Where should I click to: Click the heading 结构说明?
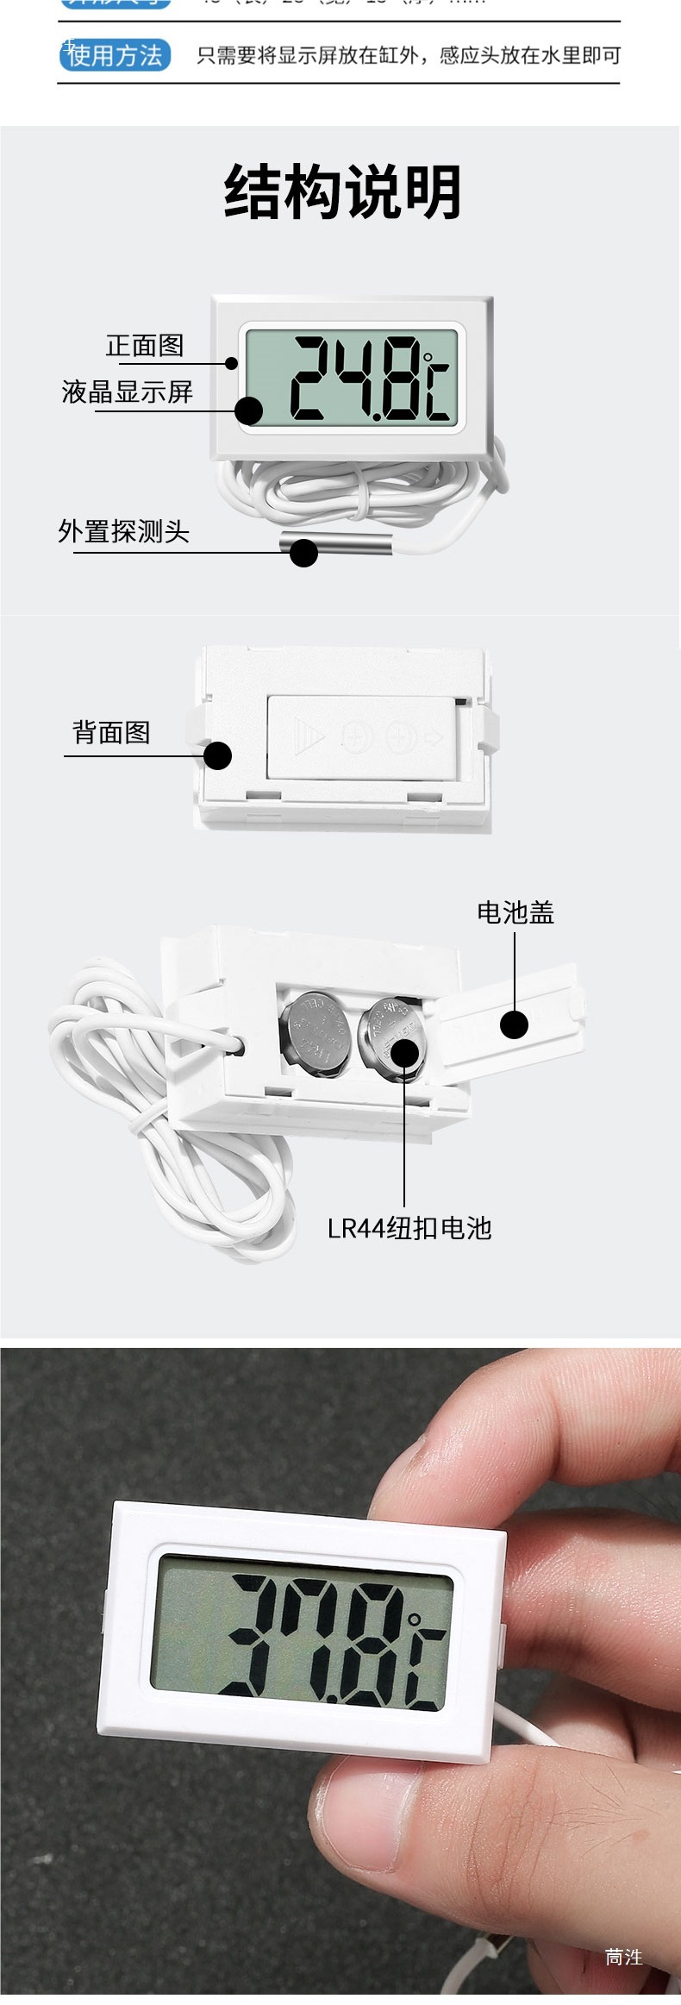[342, 191]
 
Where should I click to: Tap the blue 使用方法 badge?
[115, 55]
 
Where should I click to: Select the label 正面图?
[145, 346]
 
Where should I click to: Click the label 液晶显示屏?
[128, 392]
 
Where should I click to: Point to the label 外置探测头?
[124, 531]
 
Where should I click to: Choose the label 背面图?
[111, 733]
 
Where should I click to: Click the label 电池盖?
[515, 912]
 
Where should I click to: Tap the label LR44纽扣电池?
[409, 1228]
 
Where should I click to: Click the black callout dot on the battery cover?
[515, 1024]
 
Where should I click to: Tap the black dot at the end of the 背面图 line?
[218, 756]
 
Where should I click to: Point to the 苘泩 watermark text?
[623, 1957]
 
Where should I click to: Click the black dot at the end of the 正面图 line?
[231, 363]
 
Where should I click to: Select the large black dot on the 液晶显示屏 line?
[249, 410]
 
